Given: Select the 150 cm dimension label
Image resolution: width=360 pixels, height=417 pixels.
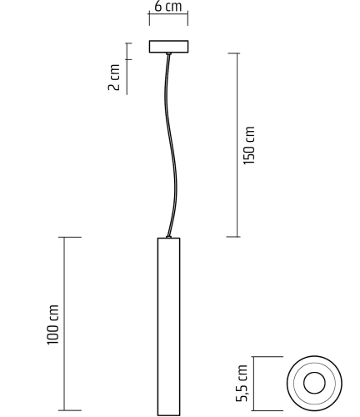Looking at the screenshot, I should click(249, 144).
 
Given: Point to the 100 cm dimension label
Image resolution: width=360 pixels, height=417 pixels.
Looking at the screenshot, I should click(54, 325).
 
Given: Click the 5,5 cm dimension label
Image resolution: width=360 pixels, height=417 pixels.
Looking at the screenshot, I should click(243, 383).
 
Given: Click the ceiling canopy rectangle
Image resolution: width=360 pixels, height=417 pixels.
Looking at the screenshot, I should click(168, 47).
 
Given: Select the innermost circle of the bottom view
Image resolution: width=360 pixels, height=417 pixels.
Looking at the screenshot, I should click(314, 383).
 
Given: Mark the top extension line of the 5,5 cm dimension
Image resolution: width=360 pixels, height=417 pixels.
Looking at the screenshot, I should click(265, 357).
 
